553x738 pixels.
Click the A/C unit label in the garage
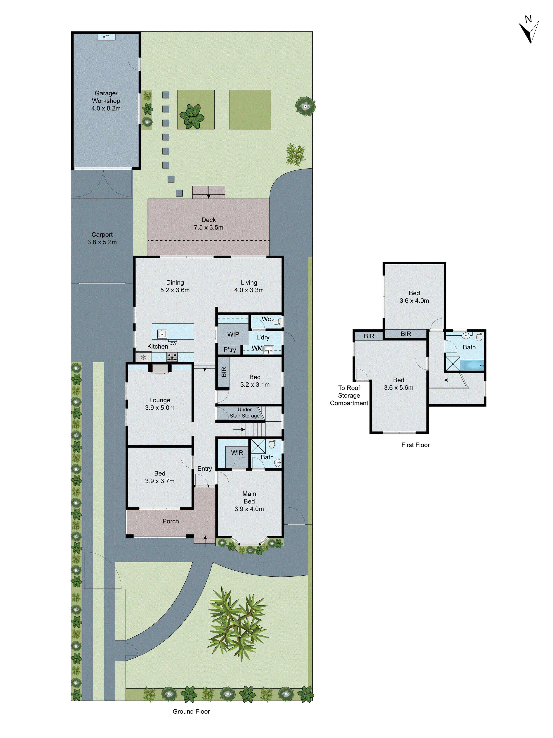(106, 37)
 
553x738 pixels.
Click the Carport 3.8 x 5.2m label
(102, 238)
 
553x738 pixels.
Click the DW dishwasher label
(173, 343)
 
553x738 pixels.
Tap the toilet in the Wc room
(276, 322)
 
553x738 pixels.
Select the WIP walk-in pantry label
(233, 334)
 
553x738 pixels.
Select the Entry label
(204, 468)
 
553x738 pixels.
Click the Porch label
(171, 521)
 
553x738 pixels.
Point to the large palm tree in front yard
(237, 625)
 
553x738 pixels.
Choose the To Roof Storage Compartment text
(349, 395)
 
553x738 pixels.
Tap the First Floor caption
(415, 445)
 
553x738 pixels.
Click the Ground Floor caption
(191, 711)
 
